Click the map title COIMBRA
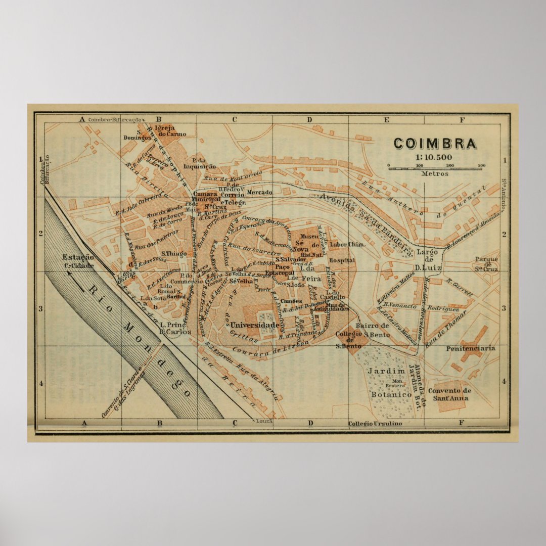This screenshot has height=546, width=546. [x=435, y=144]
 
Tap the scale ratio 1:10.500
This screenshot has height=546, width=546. [x=434, y=157]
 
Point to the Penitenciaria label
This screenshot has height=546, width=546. [x=471, y=348]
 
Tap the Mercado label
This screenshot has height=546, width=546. [x=259, y=193]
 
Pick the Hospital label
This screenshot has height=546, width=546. [x=342, y=260]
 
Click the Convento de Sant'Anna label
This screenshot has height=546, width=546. [x=449, y=394]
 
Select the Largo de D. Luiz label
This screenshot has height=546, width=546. [x=428, y=259]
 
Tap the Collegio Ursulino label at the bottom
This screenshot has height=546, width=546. [x=375, y=423]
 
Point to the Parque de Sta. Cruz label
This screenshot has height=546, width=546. [x=486, y=264]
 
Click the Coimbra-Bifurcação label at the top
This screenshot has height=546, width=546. [x=114, y=120]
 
